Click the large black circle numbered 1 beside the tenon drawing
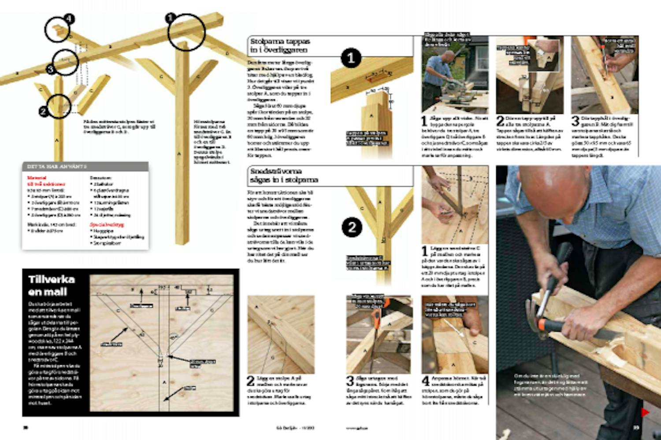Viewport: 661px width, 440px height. click(x=351, y=58)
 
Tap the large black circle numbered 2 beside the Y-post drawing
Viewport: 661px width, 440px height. click(x=352, y=227)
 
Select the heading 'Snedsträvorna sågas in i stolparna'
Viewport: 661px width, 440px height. click(x=284, y=176)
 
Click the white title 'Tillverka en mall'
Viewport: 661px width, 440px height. click(x=52, y=286)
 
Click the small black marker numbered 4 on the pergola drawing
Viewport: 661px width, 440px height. click(x=69, y=19)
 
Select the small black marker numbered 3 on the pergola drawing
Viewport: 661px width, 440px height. click(x=50, y=69)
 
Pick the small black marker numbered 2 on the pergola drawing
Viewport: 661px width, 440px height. click(x=43, y=112)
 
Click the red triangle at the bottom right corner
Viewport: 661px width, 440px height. click(x=645, y=412)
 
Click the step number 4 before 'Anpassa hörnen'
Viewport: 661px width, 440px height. click(x=426, y=381)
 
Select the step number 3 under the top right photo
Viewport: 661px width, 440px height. click(x=576, y=121)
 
